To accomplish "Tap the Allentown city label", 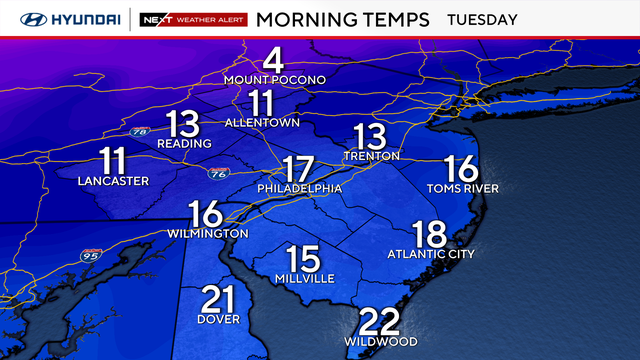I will [262, 122].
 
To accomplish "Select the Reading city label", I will [184, 143].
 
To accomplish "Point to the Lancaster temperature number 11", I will [113, 160].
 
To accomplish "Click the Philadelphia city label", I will [299, 188].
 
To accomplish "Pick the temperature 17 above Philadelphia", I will [298, 167].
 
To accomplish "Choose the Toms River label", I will [462, 188].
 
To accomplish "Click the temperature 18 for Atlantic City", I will [430, 234].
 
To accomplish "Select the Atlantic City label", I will [431, 254].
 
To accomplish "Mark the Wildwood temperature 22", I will [380, 321].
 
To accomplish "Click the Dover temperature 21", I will [219, 299].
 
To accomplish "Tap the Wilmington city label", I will [205, 233].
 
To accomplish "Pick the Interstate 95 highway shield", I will [89, 256].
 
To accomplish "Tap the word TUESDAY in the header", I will [482, 19].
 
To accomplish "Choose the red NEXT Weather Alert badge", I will [192, 19].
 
